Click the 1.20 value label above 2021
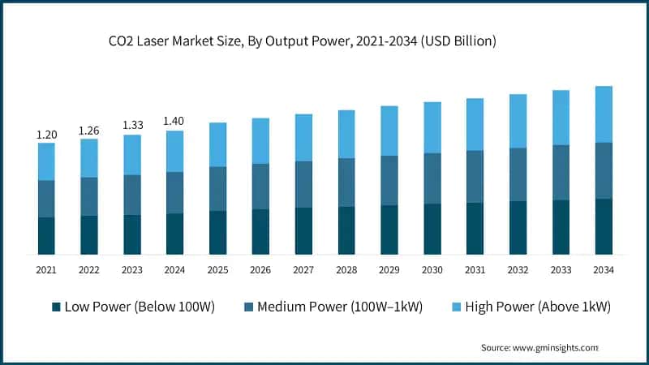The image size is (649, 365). pyautogui.click(x=46, y=135)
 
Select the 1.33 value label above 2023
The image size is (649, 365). pyautogui.click(x=132, y=126)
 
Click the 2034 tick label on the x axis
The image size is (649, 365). pyautogui.click(x=604, y=270)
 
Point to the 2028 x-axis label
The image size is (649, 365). pyautogui.click(x=346, y=270)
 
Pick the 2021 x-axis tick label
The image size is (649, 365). pyautogui.click(x=46, y=270)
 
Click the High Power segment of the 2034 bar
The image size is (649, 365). pyautogui.click(x=604, y=114)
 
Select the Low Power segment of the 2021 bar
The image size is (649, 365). pyautogui.click(x=46, y=236)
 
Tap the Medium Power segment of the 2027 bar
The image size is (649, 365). pyautogui.click(x=303, y=184)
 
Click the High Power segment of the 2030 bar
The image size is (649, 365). pyautogui.click(x=432, y=127)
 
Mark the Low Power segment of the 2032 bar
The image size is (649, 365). pyautogui.click(x=518, y=228)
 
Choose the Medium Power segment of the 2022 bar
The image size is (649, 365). pyautogui.click(x=89, y=196)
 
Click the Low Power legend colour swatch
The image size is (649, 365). pyautogui.click(x=56, y=307)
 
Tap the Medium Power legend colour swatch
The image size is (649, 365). pyautogui.click(x=248, y=307)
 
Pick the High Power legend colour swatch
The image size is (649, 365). pyautogui.click(x=457, y=307)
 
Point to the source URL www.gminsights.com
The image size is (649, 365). pyautogui.click(x=555, y=347)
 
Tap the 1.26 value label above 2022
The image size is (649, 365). pyautogui.click(x=89, y=130)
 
